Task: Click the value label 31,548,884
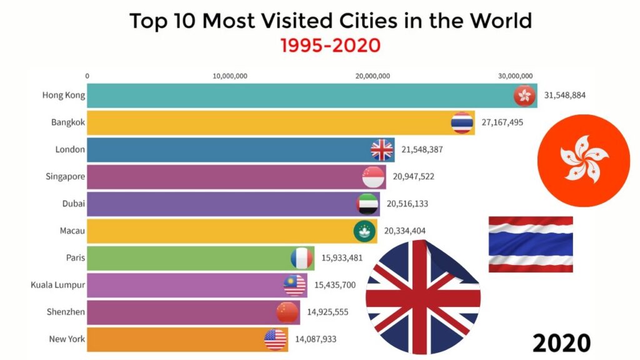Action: coord(565,96)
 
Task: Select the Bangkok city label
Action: coord(68,122)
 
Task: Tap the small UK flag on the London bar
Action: coord(382,150)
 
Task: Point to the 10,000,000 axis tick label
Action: coord(231,76)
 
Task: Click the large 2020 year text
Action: coord(562,342)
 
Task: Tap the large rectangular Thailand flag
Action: coord(531,244)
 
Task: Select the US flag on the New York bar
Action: coord(275,339)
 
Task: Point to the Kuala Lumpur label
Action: coord(58,285)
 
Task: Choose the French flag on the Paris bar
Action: coord(302,258)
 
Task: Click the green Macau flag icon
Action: coord(365,231)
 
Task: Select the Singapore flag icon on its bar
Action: coord(373,177)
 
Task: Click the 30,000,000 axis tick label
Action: coord(516,76)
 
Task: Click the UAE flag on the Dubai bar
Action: coord(368,204)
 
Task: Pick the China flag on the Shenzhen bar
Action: coord(288,312)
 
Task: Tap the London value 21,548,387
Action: coord(422,150)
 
